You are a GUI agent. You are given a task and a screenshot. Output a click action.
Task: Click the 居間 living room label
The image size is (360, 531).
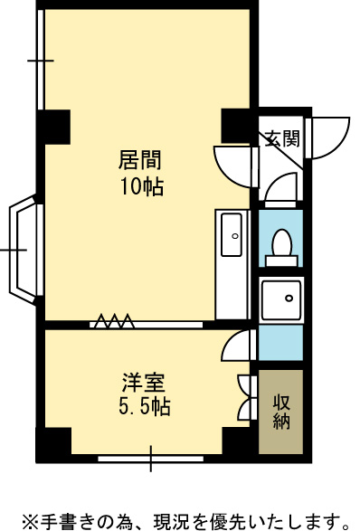coord(139,160)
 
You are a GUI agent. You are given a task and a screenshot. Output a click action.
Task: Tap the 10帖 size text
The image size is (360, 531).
coord(142,186)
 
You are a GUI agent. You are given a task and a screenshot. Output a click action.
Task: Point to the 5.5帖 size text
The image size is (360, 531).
coord(144,405)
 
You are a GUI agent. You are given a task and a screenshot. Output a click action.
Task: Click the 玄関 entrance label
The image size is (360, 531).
coord(282,138)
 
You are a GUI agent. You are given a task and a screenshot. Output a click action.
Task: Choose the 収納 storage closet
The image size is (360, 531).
coord(280,412)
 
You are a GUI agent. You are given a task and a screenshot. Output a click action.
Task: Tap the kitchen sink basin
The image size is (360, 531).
coord(232,234)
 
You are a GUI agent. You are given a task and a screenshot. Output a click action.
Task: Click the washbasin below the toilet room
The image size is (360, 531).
coord(281,300)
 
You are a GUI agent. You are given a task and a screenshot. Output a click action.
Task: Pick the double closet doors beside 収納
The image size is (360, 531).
coord(247,398)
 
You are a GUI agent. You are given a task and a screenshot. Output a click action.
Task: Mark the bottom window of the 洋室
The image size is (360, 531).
coord(151,459)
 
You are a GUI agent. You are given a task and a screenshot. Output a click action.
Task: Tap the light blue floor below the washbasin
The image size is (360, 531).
coord(280,342)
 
